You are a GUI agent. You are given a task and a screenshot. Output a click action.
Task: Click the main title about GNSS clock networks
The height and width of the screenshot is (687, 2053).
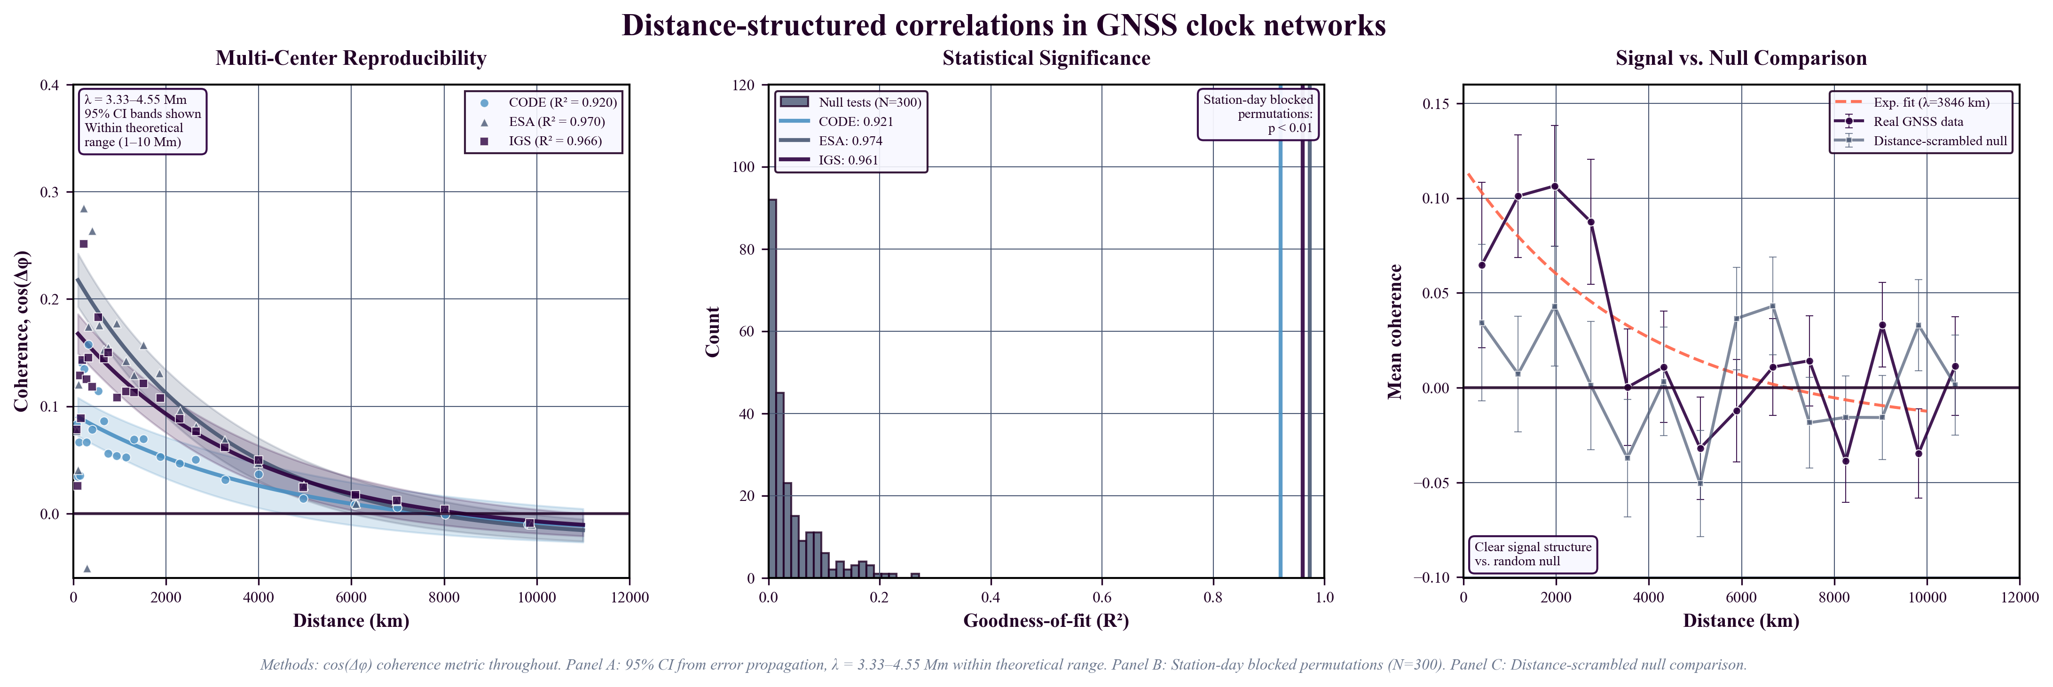(1003, 25)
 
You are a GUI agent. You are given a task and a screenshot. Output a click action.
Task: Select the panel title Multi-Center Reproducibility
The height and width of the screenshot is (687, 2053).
(351, 58)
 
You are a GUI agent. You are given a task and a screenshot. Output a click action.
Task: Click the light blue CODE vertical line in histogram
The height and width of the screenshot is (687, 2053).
(1280, 359)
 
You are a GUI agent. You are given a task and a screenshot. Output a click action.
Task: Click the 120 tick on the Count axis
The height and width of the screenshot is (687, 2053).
(744, 85)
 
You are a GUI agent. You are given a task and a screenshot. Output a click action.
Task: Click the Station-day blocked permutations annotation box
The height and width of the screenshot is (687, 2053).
(1258, 114)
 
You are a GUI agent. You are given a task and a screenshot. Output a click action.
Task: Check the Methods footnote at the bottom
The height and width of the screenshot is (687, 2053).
(1003, 665)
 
